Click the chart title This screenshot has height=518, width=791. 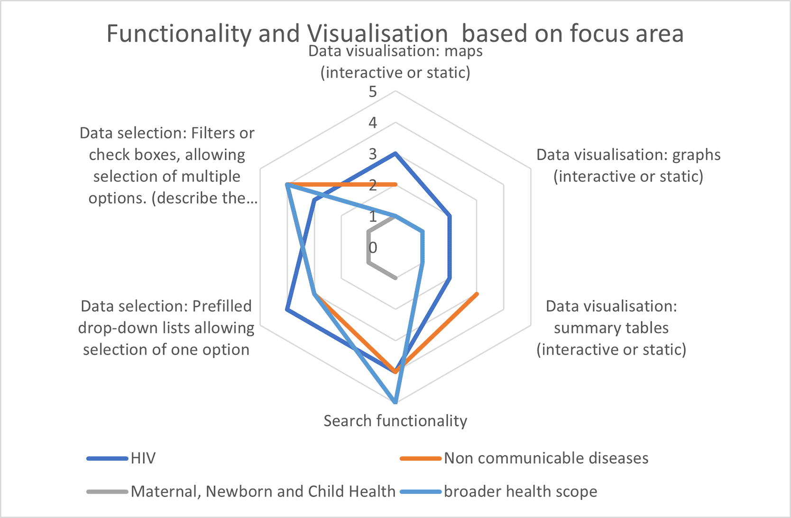click(395, 33)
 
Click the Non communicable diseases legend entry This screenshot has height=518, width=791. click(524, 458)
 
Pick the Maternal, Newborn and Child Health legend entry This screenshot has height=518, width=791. click(241, 491)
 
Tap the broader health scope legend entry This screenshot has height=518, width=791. click(498, 491)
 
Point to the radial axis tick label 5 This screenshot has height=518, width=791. click(373, 92)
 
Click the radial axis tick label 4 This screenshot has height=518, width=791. click(373, 123)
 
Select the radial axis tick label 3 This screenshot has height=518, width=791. click(373, 154)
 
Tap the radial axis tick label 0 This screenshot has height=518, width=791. click(373, 248)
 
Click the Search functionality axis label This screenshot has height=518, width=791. click(395, 421)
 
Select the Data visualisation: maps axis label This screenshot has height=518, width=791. click(395, 62)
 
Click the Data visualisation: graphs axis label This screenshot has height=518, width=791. click(628, 165)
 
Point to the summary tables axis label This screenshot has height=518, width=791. click(611, 328)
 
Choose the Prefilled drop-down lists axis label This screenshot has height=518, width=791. click(166, 328)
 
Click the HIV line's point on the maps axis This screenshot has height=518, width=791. click(395, 154)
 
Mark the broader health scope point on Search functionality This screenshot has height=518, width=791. click(395, 402)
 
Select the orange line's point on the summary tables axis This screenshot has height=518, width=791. click(477, 293)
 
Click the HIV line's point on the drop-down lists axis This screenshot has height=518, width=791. click(287, 310)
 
